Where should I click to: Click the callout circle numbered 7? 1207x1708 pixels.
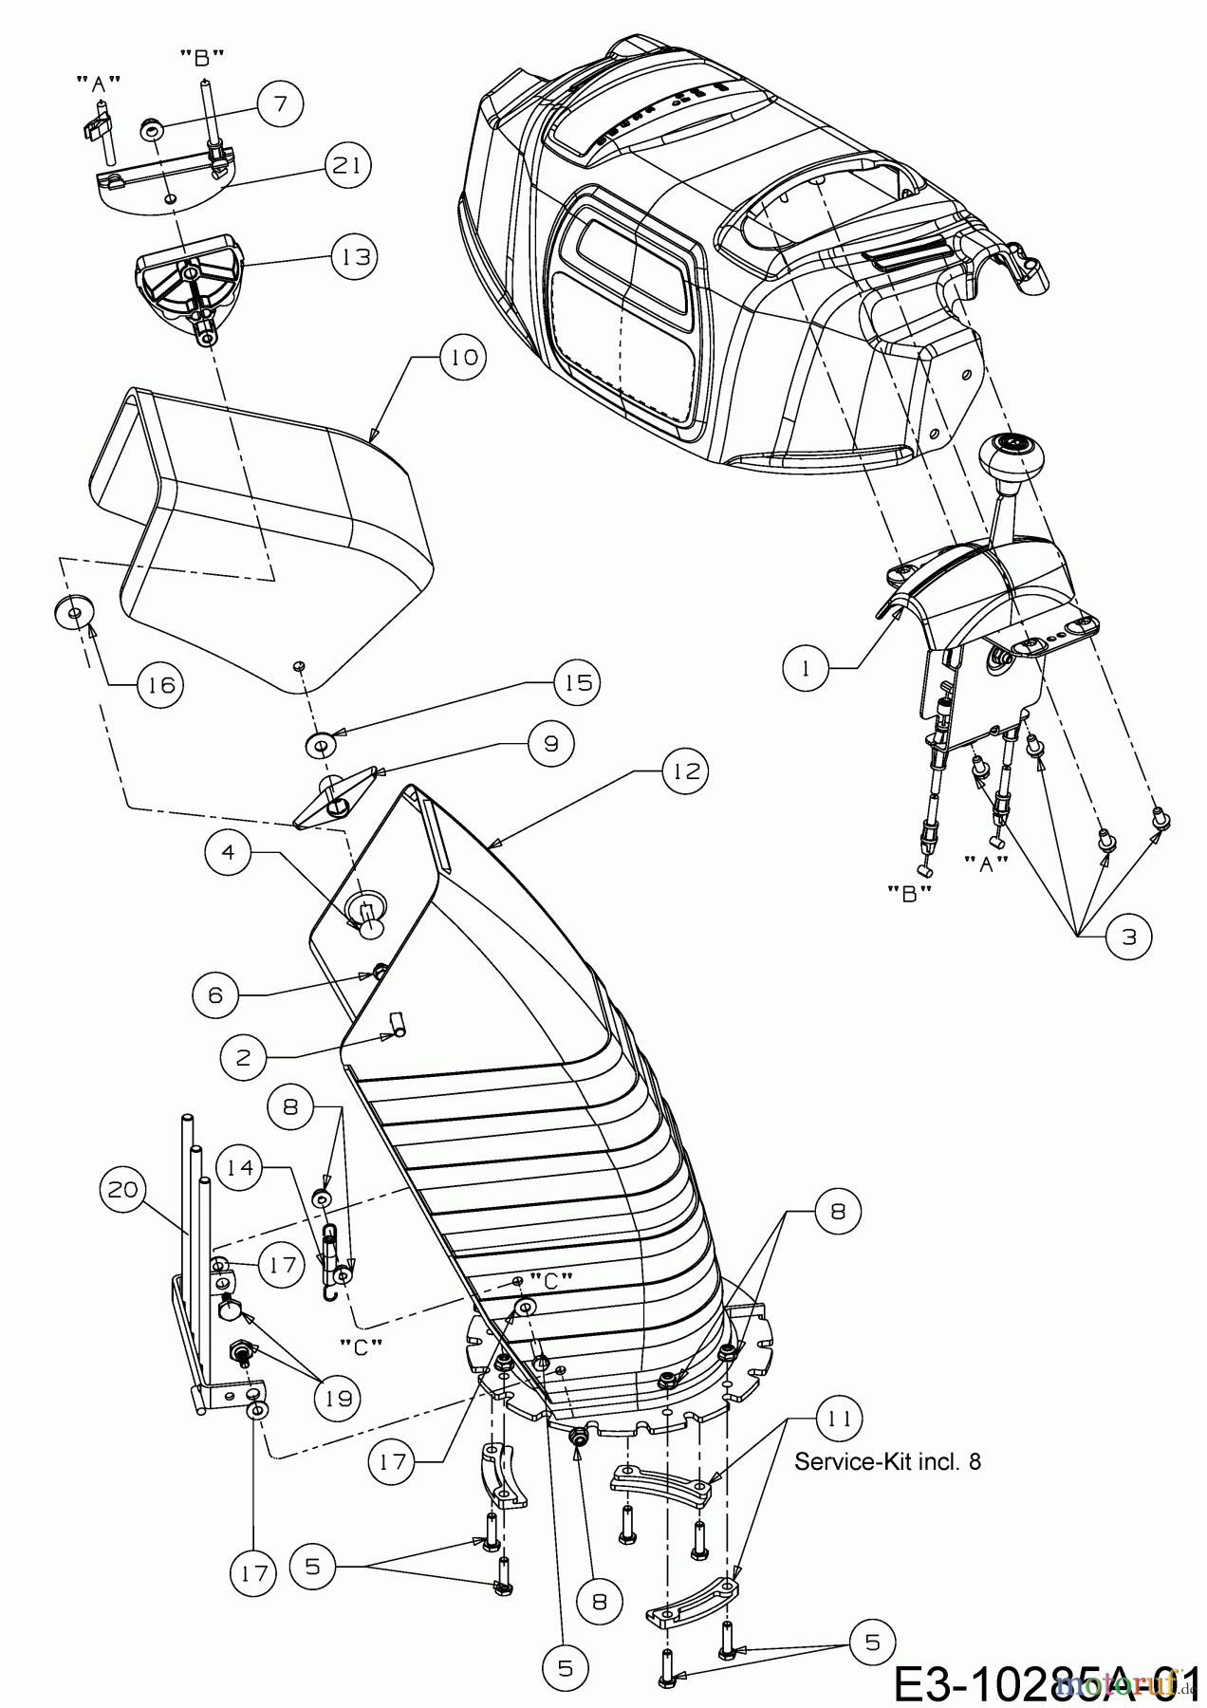pos(280,103)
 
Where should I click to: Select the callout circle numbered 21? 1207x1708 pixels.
pos(347,164)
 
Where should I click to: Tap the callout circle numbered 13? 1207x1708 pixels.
pos(354,255)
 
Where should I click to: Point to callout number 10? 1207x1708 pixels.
pos(462,358)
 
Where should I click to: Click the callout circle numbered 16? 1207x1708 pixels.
pos(160,683)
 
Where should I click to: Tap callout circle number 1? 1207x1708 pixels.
pos(807,668)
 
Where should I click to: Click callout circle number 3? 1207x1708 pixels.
pos(1128,936)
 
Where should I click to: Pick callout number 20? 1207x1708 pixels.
pos(124,1188)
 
